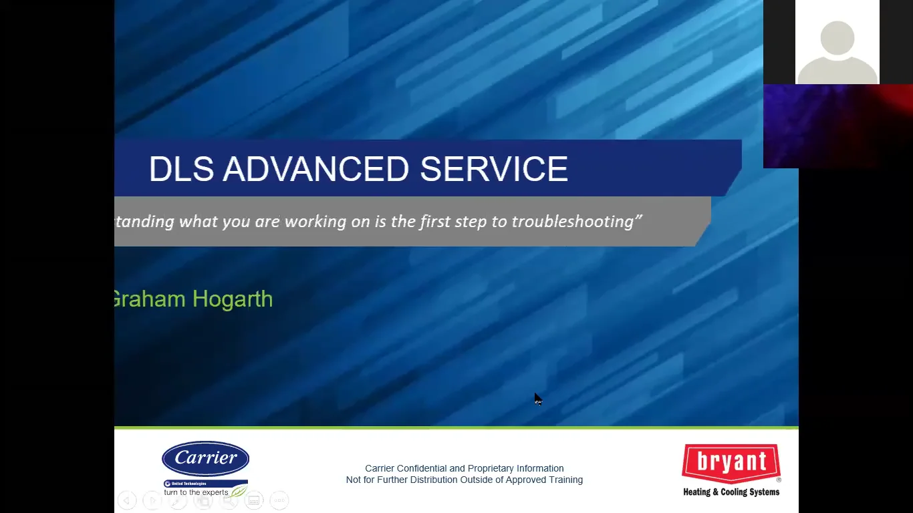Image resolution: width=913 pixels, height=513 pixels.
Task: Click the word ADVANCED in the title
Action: [x=315, y=169]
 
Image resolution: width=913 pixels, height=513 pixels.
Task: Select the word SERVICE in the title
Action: [x=494, y=169]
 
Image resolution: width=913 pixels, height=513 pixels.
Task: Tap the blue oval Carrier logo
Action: [x=205, y=458]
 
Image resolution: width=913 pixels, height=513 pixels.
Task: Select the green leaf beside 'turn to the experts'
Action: [x=239, y=492]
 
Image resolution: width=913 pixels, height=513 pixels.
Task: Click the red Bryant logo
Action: [x=731, y=463]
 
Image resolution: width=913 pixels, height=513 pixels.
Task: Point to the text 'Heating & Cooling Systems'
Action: [x=731, y=492]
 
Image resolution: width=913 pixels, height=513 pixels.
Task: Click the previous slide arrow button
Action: [x=127, y=500]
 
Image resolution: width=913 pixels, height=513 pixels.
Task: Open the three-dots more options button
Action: [x=279, y=500]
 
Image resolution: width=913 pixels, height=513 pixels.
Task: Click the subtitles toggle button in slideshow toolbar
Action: [x=254, y=500]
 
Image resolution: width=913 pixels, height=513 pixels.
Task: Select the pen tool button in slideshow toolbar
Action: [x=178, y=500]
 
